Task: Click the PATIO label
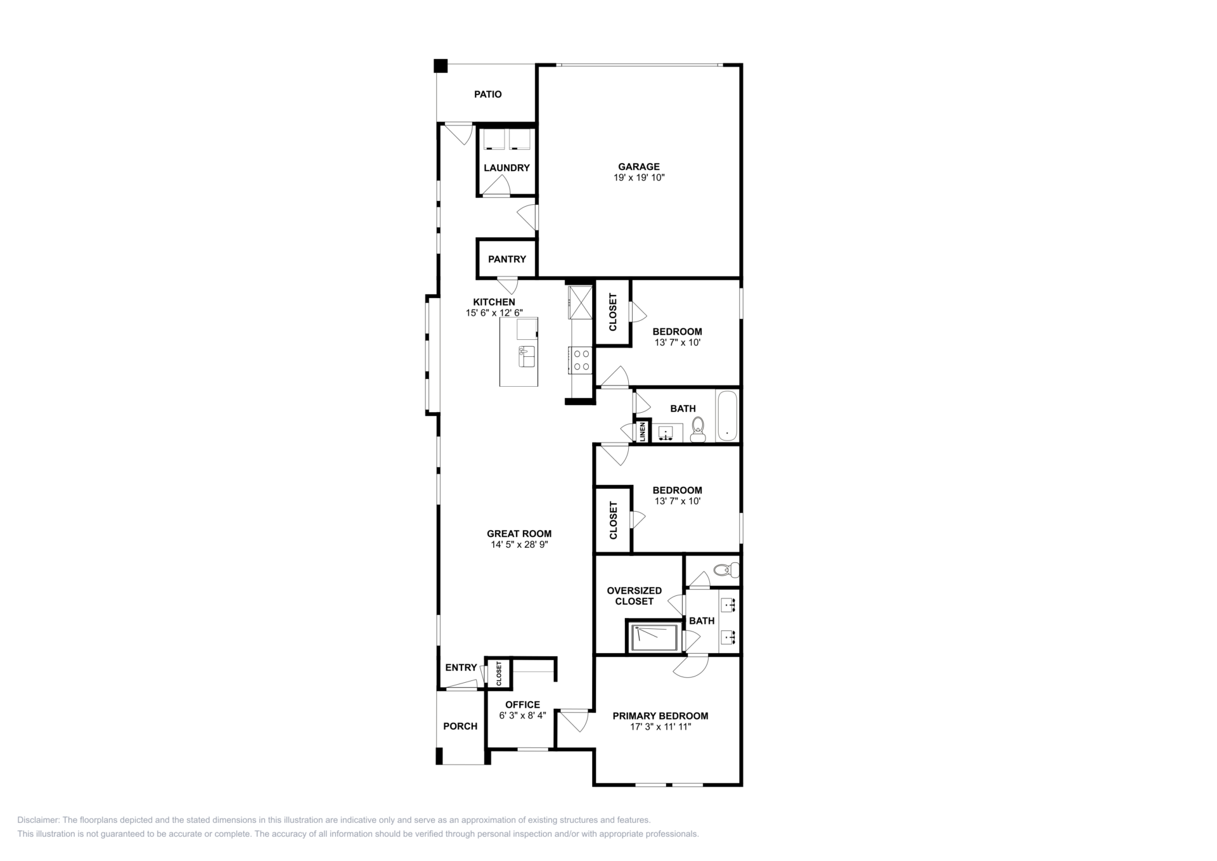(488, 94)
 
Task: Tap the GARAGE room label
(639, 167)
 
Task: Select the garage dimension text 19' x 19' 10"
(639, 178)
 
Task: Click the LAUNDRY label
(506, 168)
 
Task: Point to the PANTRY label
(507, 259)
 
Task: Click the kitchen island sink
(527, 356)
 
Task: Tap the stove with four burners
(580, 360)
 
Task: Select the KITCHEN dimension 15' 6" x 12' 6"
(494, 313)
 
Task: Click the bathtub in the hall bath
(727, 416)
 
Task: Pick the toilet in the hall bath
(698, 430)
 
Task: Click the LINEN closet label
(642, 431)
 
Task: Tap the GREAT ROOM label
(519, 534)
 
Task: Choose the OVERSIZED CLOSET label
(634, 596)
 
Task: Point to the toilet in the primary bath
(727, 569)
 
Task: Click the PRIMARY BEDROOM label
(660, 716)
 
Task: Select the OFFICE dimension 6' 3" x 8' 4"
(522, 715)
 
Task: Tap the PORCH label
(460, 726)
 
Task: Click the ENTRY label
(461, 668)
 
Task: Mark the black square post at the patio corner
(441, 66)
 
